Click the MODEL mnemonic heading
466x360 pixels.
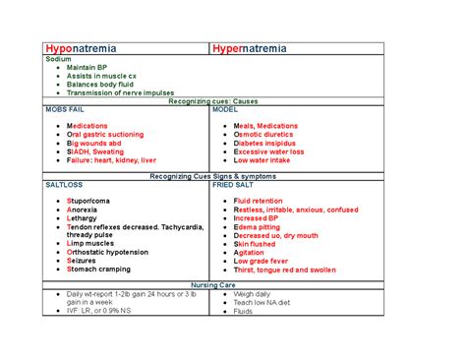[x=228, y=109]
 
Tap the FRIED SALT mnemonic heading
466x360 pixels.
[x=235, y=184]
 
